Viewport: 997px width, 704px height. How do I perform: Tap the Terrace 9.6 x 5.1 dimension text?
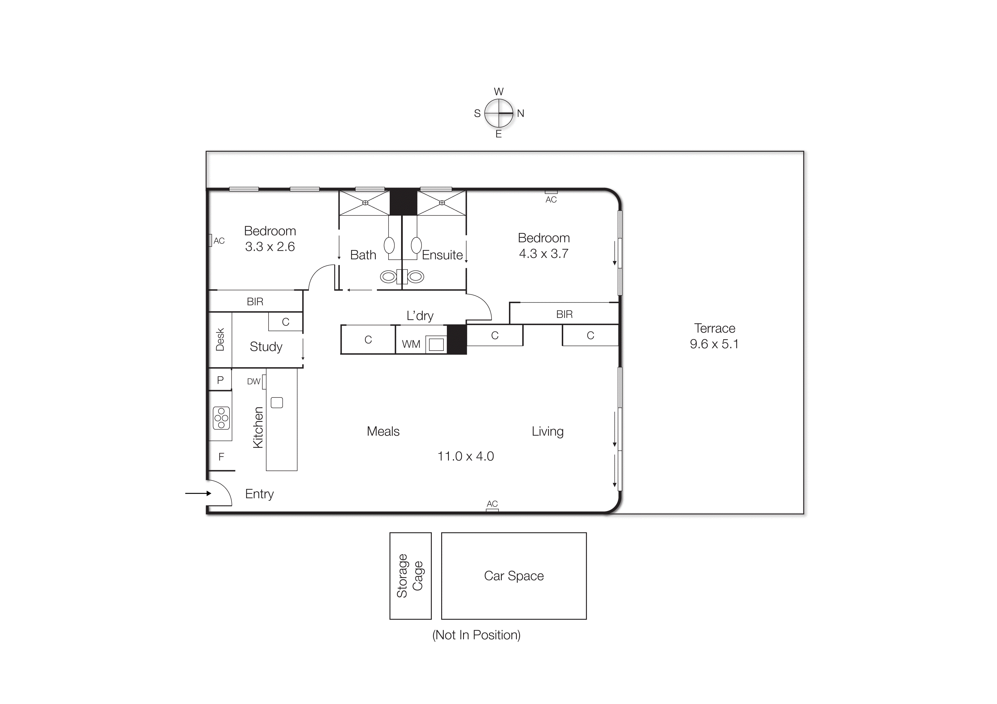pos(714,344)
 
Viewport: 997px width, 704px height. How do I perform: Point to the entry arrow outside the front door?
pos(198,493)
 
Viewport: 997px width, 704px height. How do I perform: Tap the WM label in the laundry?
pos(411,344)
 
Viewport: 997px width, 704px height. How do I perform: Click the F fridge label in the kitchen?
pos(221,457)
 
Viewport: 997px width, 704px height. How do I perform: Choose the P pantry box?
pos(220,380)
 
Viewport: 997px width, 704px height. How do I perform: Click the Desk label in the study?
pos(220,339)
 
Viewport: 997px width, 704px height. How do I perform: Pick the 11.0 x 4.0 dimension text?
pos(465,456)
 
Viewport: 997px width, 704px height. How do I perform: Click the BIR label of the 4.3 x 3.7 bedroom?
pos(564,314)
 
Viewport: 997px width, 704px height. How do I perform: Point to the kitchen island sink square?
pos(276,403)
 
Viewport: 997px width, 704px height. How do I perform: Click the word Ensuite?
pos(442,255)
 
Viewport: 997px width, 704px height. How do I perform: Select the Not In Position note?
pos(476,635)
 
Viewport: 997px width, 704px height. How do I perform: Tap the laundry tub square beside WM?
pos(436,344)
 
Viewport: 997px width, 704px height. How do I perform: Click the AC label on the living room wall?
pos(492,504)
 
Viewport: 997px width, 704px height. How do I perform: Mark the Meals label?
pos(383,432)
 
